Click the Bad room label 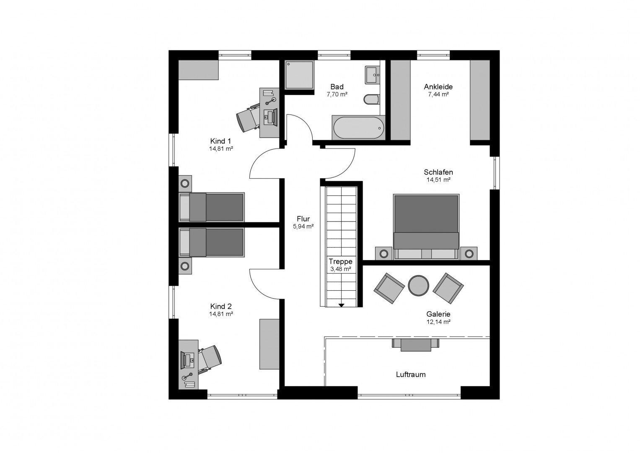pyautogui.click(x=337, y=87)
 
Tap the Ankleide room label pyautogui.click(x=438, y=87)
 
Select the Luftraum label pyautogui.click(x=411, y=374)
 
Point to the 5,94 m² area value pyautogui.click(x=303, y=226)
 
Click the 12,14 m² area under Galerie pyautogui.click(x=438, y=322)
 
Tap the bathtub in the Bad pyautogui.click(x=358, y=128)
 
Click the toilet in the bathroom pyautogui.click(x=371, y=99)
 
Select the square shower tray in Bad pyautogui.click(x=299, y=75)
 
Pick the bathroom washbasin pyautogui.click(x=372, y=75)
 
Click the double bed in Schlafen pyautogui.click(x=426, y=226)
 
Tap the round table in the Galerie pyautogui.click(x=418, y=285)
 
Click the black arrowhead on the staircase pyautogui.click(x=341, y=305)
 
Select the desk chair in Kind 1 pyautogui.click(x=248, y=118)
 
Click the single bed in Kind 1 pyautogui.click(x=211, y=207)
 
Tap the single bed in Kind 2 pyautogui.click(x=211, y=242)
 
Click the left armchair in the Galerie pyautogui.click(x=389, y=288)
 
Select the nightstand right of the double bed pyautogui.click(x=469, y=253)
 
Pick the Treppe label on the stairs pyautogui.click(x=340, y=261)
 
